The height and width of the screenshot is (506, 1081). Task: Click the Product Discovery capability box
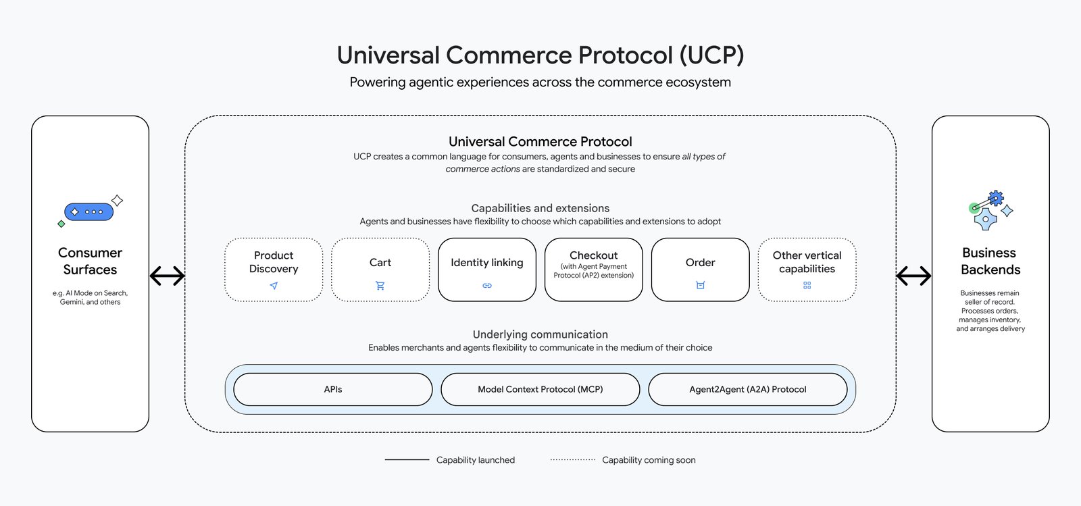point(274,269)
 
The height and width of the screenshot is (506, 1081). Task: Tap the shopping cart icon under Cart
point(380,286)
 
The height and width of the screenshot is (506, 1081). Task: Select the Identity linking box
point(486,269)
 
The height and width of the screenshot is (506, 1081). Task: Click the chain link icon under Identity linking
point(487,286)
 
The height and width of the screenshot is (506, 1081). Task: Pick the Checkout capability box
point(593,269)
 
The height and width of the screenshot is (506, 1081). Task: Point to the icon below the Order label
point(701,285)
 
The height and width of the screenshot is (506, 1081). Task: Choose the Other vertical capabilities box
point(807,269)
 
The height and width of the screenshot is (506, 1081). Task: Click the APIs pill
point(332,389)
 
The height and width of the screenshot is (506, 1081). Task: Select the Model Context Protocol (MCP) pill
point(540,389)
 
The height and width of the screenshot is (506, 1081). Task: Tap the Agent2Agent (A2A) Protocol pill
point(747,389)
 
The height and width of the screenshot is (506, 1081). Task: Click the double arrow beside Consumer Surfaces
point(167,276)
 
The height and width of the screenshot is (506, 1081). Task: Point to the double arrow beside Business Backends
point(913,276)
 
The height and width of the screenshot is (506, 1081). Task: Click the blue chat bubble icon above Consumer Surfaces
point(89,211)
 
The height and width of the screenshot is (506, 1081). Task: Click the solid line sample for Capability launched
point(407,460)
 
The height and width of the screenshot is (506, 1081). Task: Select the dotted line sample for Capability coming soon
point(572,460)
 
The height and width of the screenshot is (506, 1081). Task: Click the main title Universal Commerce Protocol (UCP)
point(540,55)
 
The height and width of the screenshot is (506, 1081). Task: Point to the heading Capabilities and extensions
point(540,208)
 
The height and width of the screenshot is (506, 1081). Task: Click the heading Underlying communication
point(540,334)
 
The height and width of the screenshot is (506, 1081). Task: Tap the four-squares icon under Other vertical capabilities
point(807,286)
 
